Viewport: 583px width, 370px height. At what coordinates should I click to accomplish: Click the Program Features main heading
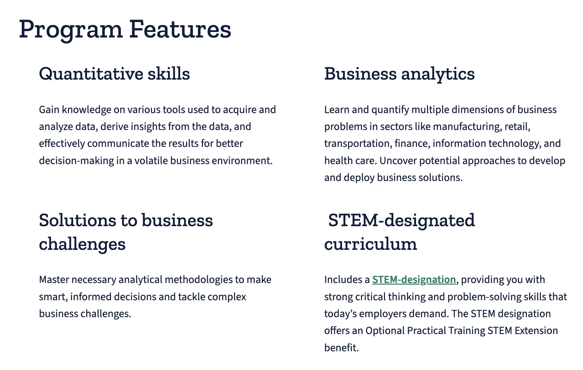tap(125, 30)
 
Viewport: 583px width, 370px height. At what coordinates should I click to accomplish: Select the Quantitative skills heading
tap(114, 74)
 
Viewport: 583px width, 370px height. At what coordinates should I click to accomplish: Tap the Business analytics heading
tap(399, 74)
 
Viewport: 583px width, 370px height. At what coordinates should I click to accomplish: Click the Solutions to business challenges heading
tap(126, 232)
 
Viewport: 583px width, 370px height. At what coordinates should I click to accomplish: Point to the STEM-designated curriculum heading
tap(400, 232)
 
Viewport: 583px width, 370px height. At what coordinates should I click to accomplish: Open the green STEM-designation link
tap(414, 280)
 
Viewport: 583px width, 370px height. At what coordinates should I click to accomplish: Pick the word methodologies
tap(199, 280)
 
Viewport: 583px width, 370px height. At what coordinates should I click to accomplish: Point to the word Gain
tap(49, 110)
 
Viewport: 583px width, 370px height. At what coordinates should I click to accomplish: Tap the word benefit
tap(341, 348)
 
